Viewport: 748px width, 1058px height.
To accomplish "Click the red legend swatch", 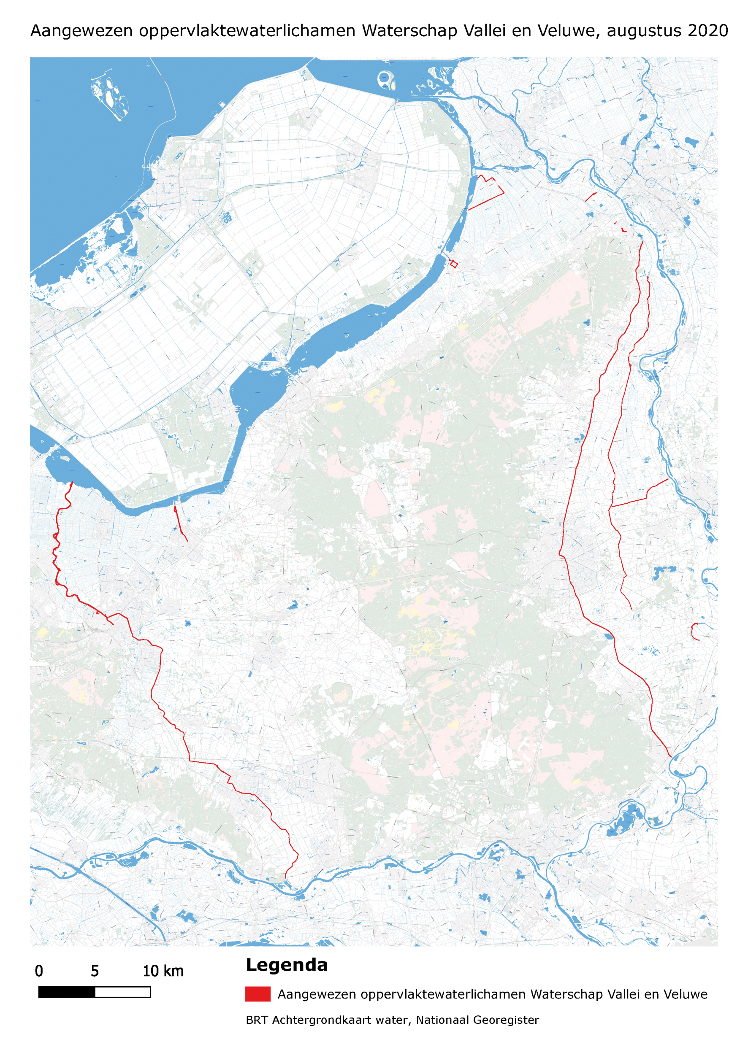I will pos(258,994).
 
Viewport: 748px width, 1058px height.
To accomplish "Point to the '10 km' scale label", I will pos(163,972).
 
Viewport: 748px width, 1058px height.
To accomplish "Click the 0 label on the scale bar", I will pos(39,972).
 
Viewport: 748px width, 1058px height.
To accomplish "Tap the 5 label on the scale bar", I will pos(95,972).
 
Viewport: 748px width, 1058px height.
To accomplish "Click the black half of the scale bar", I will pos(67,992).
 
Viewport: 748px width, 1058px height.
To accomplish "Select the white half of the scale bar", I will pos(123,992).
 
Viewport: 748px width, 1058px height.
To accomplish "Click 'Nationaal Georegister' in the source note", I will pos(477,1020).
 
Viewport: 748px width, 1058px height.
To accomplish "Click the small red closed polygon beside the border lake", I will pos(454,264).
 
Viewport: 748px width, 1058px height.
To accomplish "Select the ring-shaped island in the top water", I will pos(384,79).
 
